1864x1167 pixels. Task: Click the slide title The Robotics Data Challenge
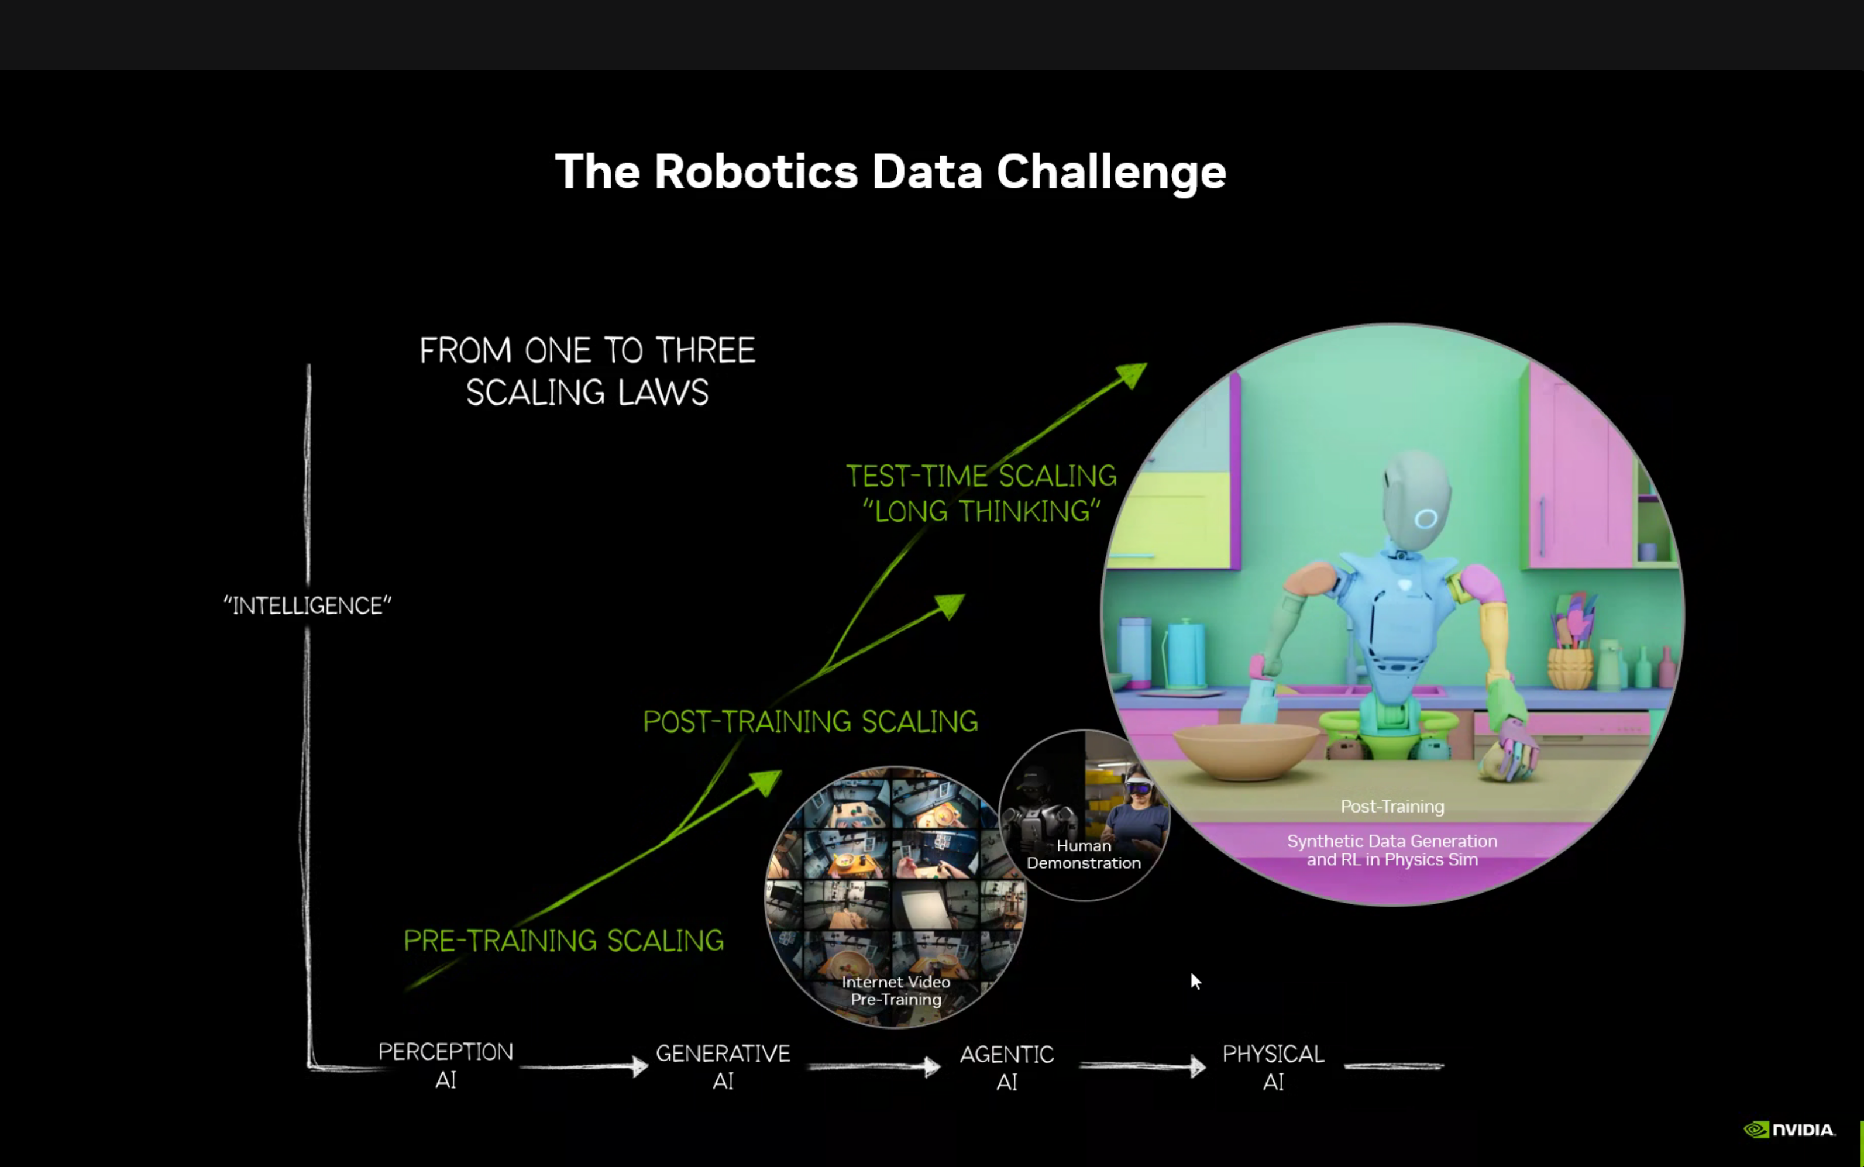click(890, 171)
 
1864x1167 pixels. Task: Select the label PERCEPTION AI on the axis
click(445, 1065)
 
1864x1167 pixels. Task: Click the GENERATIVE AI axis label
click(723, 1066)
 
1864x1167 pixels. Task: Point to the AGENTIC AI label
click(1006, 1068)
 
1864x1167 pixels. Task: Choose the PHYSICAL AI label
click(1273, 1068)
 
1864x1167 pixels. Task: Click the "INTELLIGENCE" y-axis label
click(307, 606)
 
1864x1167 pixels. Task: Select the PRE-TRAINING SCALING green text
click(563, 941)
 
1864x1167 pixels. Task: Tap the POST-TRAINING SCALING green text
click(810, 722)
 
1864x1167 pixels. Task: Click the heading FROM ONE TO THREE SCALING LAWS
click(587, 371)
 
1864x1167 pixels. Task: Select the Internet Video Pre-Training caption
click(895, 990)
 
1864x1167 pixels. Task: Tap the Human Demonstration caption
click(1083, 855)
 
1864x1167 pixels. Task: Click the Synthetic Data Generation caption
click(1392, 850)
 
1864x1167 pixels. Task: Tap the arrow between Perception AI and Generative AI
click(584, 1066)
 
